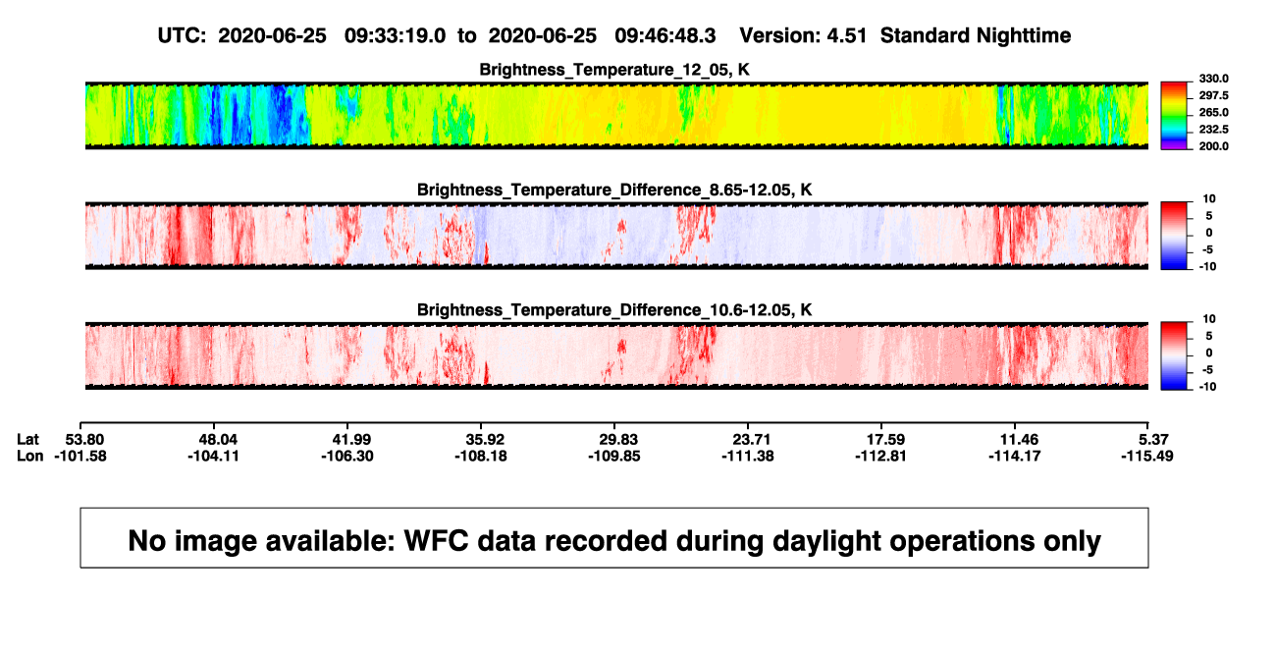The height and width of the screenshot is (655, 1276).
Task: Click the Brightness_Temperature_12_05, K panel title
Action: tap(614, 70)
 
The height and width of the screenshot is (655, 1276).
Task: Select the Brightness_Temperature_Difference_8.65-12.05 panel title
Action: tap(614, 190)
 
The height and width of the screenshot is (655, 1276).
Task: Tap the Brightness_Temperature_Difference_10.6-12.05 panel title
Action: tap(614, 310)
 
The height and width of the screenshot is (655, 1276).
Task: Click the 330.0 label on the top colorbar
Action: tap(1213, 79)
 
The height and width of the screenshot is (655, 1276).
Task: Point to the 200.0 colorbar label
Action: tap(1213, 146)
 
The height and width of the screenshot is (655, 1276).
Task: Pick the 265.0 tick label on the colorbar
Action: tap(1213, 112)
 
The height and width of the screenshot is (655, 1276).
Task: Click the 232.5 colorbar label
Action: tap(1213, 130)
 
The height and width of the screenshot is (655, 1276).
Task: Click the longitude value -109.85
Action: tap(614, 456)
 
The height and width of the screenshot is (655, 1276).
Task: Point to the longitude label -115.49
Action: tap(1147, 456)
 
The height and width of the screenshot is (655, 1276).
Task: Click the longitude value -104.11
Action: tap(214, 456)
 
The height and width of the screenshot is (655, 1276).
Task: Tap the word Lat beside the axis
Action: tap(27, 440)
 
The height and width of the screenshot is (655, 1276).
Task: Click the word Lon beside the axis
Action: tap(30, 456)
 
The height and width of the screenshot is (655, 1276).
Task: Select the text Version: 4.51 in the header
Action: tap(803, 36)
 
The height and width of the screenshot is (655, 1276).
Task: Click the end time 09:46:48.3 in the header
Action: tap(665, 36)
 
